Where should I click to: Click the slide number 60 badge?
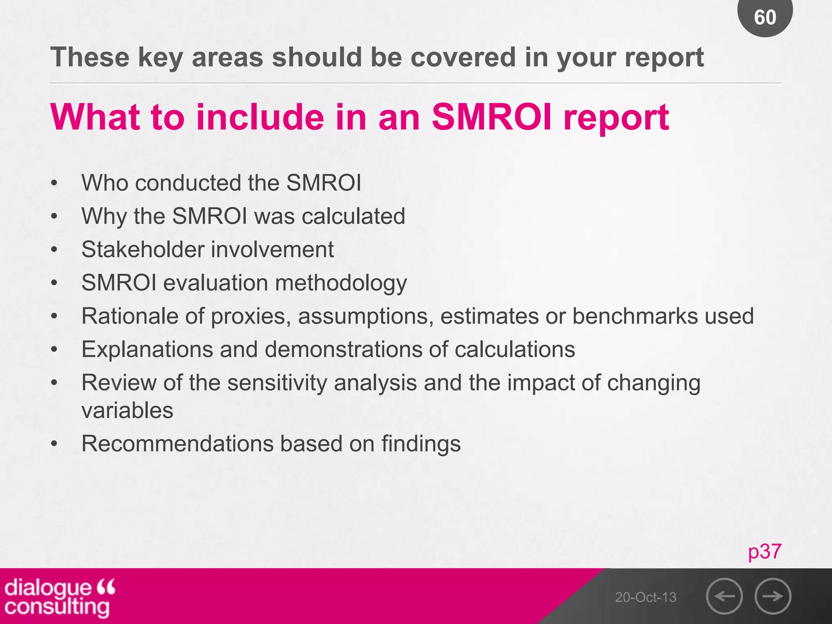click(765, 17)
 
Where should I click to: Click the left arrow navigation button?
click(724, 596)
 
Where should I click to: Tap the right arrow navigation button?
click(773, 596)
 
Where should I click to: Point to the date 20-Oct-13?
click(646, 597)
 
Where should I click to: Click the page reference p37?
click(765, 551)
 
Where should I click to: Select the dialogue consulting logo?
click(59, 597)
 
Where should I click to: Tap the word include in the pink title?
click(260, 117)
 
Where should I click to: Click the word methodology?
click(341, 283)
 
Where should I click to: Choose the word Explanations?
click(147, 350)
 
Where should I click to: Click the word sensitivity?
click(277, 383)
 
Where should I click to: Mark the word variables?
click(127, 410)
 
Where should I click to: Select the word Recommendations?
click(178, 444)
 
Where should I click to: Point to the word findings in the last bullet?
click(421, 444)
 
